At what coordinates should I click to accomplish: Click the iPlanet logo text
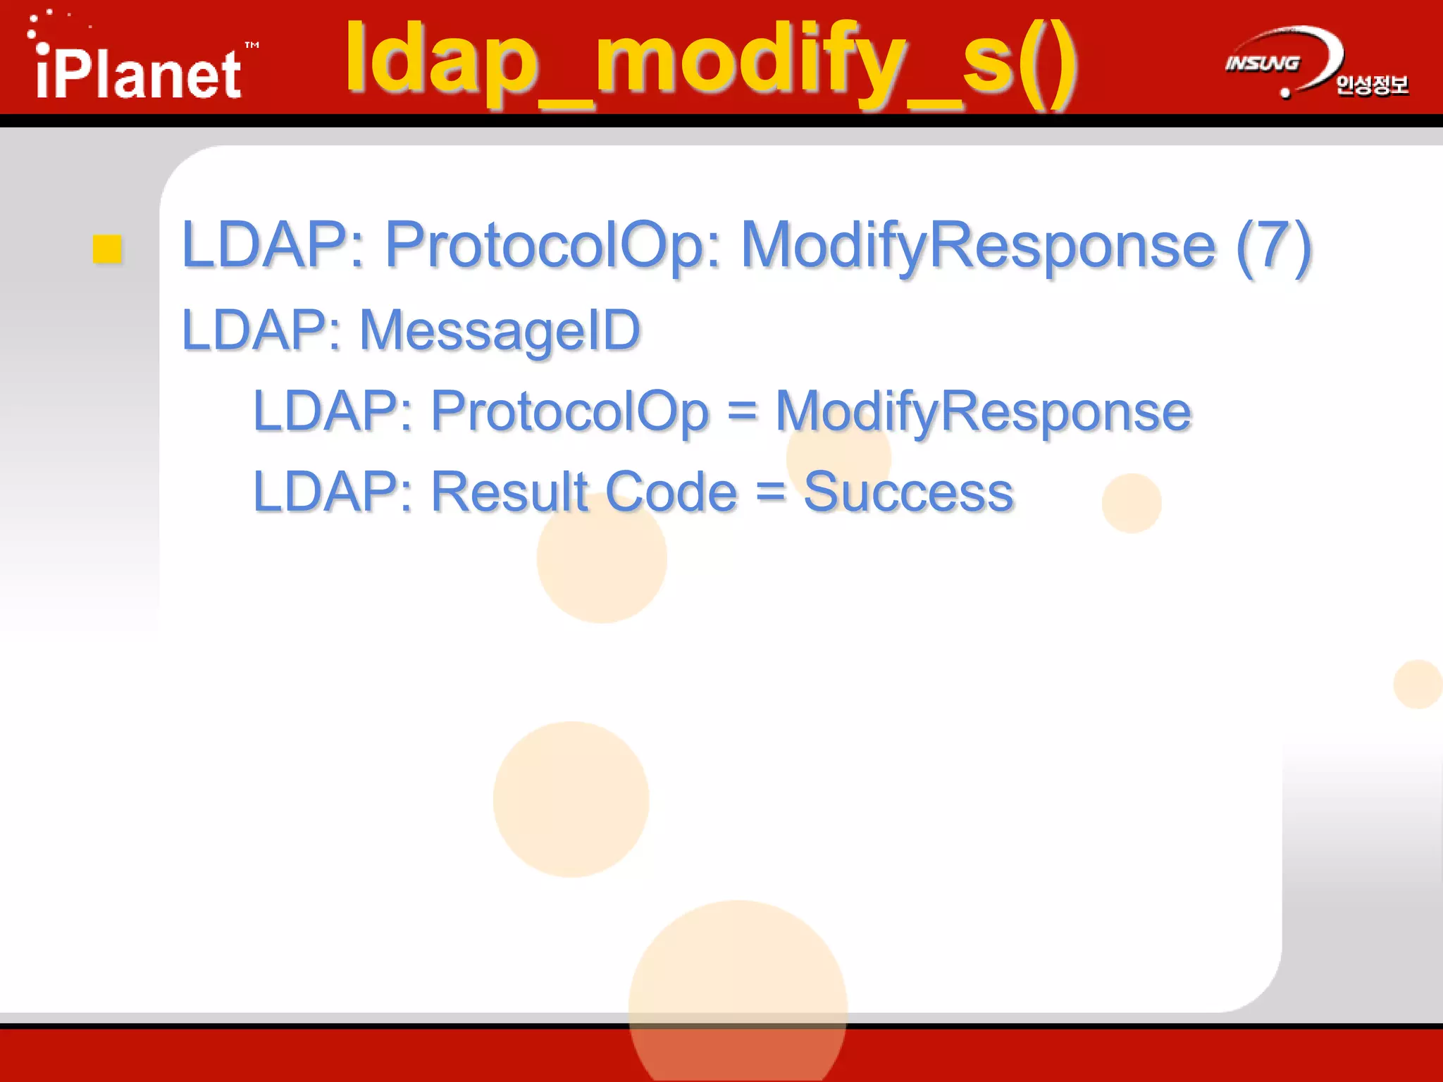138,75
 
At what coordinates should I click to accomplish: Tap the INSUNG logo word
1262,64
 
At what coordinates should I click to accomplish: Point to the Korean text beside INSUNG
1372,85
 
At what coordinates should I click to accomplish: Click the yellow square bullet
108,249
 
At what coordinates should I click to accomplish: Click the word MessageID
500,330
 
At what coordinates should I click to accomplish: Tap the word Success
908,492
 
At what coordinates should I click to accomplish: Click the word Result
509,492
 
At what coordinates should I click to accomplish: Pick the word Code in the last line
671,492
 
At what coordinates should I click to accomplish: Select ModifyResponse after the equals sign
983,411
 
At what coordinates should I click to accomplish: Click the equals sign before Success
770,492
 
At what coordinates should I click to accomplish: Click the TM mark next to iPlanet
252,45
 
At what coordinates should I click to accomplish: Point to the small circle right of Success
1132,503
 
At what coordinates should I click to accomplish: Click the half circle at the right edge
1419,684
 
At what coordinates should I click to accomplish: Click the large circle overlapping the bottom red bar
738,1000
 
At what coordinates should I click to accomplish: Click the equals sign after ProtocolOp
742,411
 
